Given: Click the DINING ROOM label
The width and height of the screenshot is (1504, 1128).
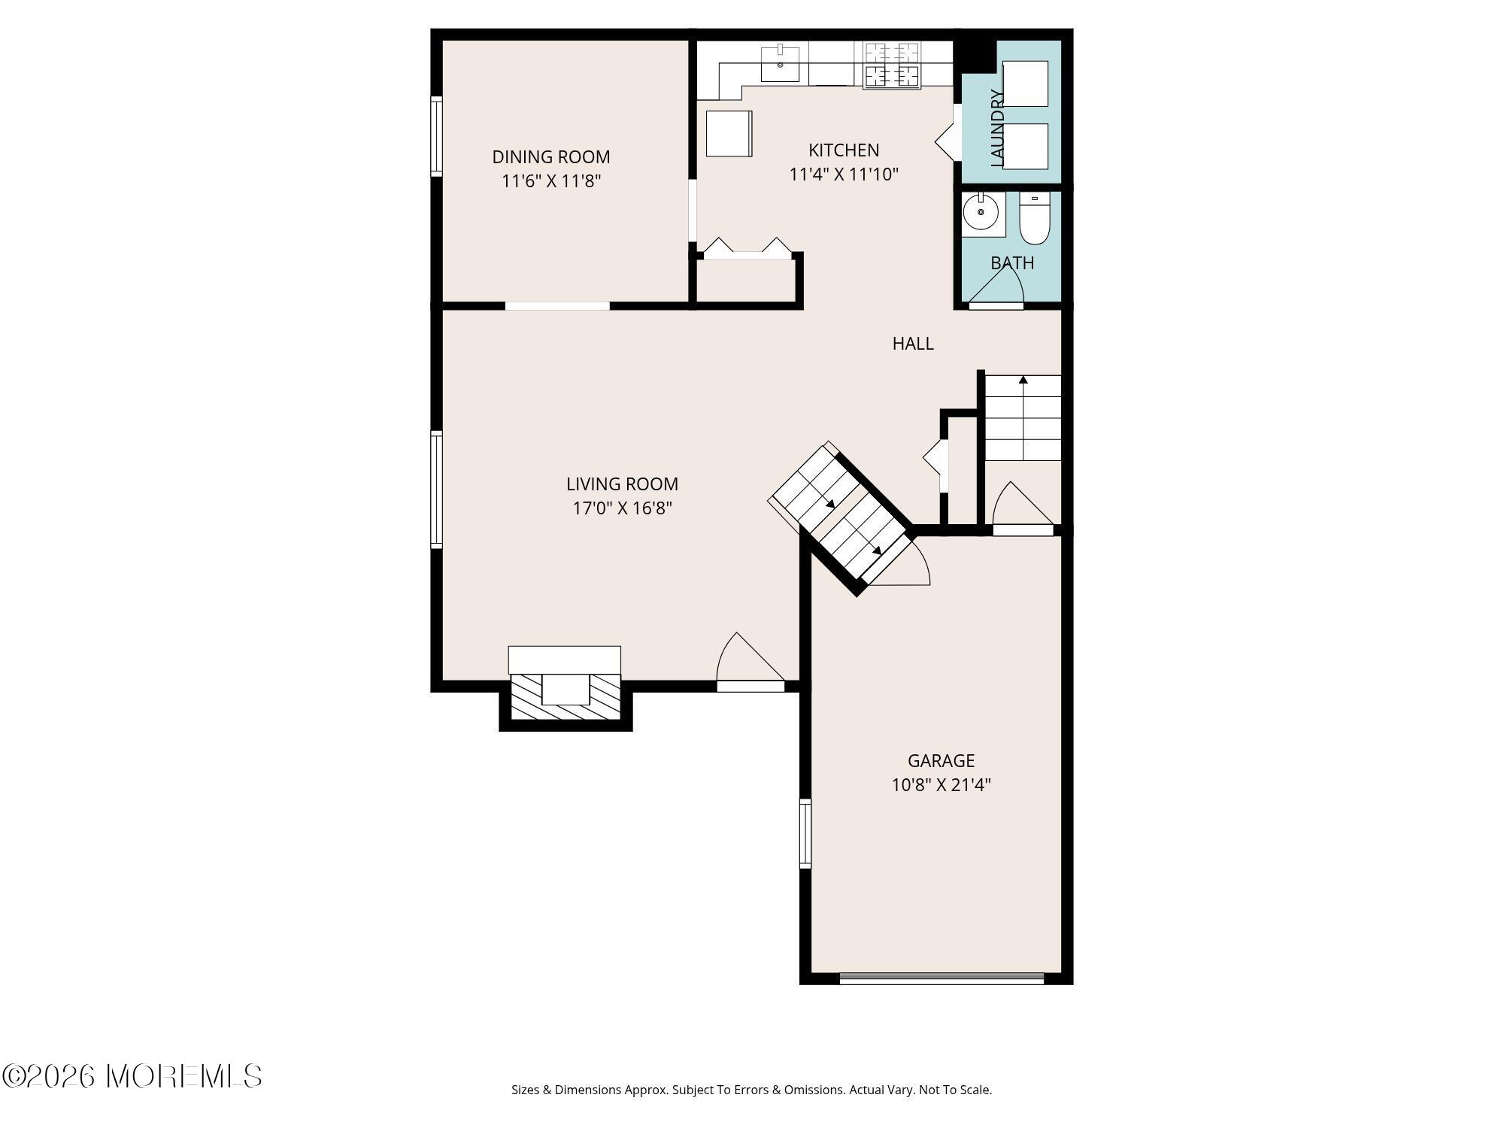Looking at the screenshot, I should tap(550, 157).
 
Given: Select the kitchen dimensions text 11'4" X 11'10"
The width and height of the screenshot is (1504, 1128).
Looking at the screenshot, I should tap(844, 174).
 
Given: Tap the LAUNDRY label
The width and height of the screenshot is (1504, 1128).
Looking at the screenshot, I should tap(997, 128).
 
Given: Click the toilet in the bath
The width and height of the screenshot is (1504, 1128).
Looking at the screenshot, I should tap(1034, 220).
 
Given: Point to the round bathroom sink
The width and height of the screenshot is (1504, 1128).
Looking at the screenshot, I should tap(981, 213).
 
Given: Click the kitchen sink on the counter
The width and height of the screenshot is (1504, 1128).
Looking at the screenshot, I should tap(780, 64).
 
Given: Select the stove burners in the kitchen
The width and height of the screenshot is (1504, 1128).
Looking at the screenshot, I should tap(891, 65).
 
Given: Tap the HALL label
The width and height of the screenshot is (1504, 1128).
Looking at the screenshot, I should tap(913, 344).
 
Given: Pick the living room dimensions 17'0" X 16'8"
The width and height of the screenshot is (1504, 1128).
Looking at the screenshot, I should tap(622, 508).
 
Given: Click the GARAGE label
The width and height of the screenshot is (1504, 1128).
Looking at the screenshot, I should tap(941, 760).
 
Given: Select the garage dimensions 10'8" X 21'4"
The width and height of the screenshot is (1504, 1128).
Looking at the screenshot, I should tap(941, 785).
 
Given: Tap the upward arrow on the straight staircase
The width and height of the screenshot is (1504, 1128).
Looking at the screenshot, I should tap(1023, 381).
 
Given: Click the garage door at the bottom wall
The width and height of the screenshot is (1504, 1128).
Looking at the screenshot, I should tap(942, 978).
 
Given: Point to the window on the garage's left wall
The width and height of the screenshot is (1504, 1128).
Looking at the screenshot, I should tap(805, 833).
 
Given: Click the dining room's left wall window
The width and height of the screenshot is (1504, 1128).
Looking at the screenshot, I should tap(436, 136).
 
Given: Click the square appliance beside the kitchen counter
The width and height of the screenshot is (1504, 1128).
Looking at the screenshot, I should tap(729, 134).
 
